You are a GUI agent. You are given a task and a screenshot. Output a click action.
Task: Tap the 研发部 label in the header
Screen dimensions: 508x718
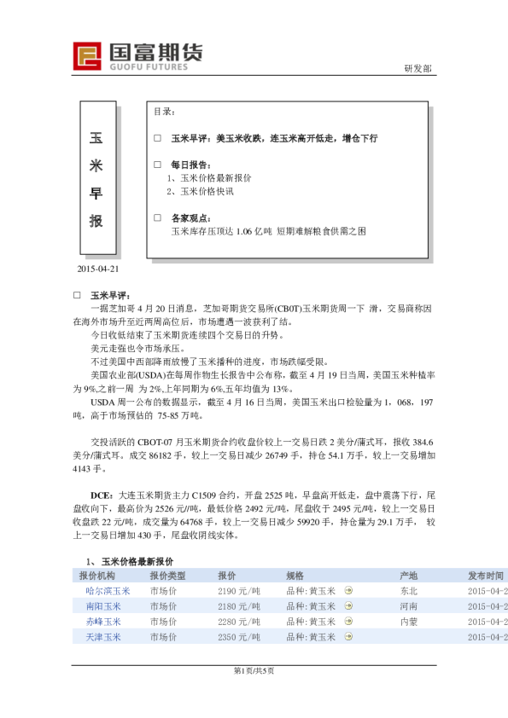417,69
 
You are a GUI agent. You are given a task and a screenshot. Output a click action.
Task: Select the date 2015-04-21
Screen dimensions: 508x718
98,269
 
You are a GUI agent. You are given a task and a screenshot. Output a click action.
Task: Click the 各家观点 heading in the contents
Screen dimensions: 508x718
191,218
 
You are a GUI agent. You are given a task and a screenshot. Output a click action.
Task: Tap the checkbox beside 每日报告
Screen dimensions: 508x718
156,164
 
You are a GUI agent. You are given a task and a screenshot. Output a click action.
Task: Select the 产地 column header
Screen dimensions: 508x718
408,576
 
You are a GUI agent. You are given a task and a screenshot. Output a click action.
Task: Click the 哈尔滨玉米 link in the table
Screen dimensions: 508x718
108,591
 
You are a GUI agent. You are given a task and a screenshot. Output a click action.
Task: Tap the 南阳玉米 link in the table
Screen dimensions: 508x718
103,606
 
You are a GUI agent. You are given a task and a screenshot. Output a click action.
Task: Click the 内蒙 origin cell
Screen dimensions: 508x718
408,622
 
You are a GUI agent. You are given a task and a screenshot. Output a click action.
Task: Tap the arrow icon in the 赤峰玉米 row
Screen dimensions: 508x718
347,622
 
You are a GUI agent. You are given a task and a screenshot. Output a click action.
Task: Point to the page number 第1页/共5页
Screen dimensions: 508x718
254,671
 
